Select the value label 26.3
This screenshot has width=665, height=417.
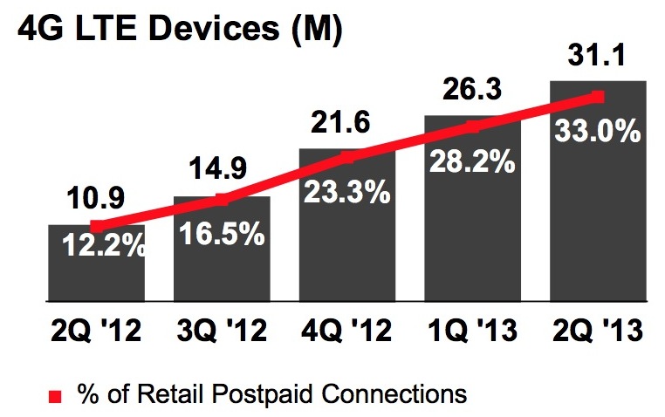pyautogui.click(x=471, y=92)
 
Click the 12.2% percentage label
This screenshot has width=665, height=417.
pyautogui.click(x=104, y=247)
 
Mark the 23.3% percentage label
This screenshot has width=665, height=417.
pyautogui.click(x=346, y=192)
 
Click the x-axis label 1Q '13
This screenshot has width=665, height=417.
pyautogui.click(x=472, y=332)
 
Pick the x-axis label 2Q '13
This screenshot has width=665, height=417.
pyautogui.click(x=598, y=332)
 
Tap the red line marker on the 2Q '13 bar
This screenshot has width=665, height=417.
pyautogui.click(x=597, y=95)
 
